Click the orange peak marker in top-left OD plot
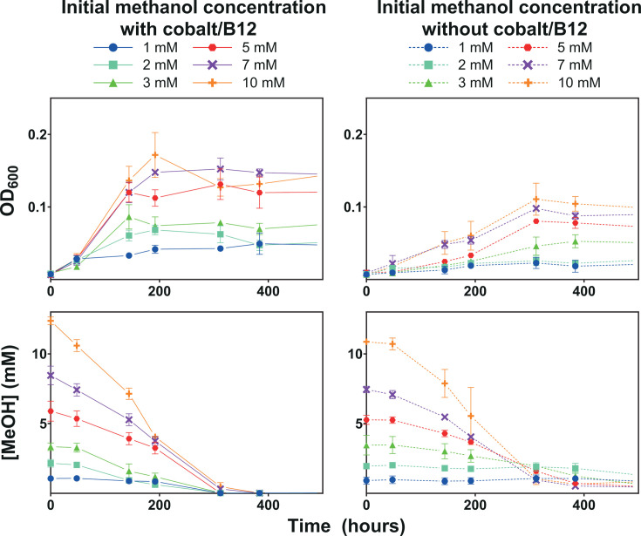pos(156,155)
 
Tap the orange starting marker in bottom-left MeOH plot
pos(51,322)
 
